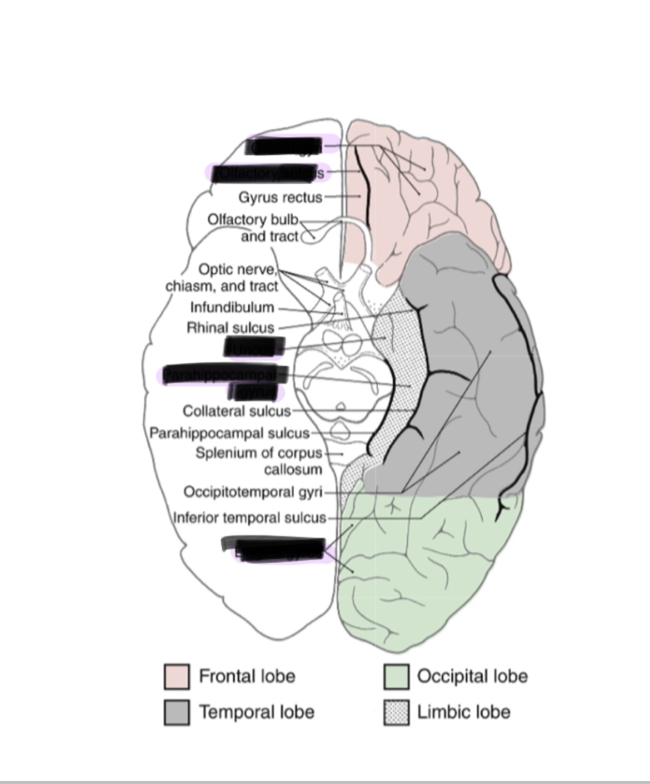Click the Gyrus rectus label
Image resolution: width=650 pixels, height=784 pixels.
(280, 197)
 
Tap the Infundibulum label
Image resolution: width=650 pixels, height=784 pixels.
(232, 307)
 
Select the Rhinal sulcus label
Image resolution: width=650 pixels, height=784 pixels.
(230, 327)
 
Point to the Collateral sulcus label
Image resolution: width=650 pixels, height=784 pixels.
(236, 411)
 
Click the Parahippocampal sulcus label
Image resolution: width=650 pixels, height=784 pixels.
(229, 433)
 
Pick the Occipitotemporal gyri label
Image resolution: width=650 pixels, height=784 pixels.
(253, 492)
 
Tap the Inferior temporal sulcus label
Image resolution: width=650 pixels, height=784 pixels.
(249, 517)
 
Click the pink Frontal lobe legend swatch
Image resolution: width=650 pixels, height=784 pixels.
(176, 676)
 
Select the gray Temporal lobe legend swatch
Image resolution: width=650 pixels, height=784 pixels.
(176, 712)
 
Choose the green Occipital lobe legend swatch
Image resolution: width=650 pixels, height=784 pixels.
(396, 676)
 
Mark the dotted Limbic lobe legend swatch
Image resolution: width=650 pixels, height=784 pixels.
(396, 712)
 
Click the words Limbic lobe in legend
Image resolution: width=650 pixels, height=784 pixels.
(463, 712)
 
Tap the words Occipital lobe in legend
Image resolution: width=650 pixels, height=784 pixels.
(472, 676)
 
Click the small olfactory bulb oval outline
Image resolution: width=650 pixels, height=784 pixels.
(308, 238)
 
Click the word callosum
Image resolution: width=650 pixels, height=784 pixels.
(293, 470)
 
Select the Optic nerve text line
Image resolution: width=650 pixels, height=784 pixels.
(237, 269)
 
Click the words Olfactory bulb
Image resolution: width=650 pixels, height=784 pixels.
(252, 220)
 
